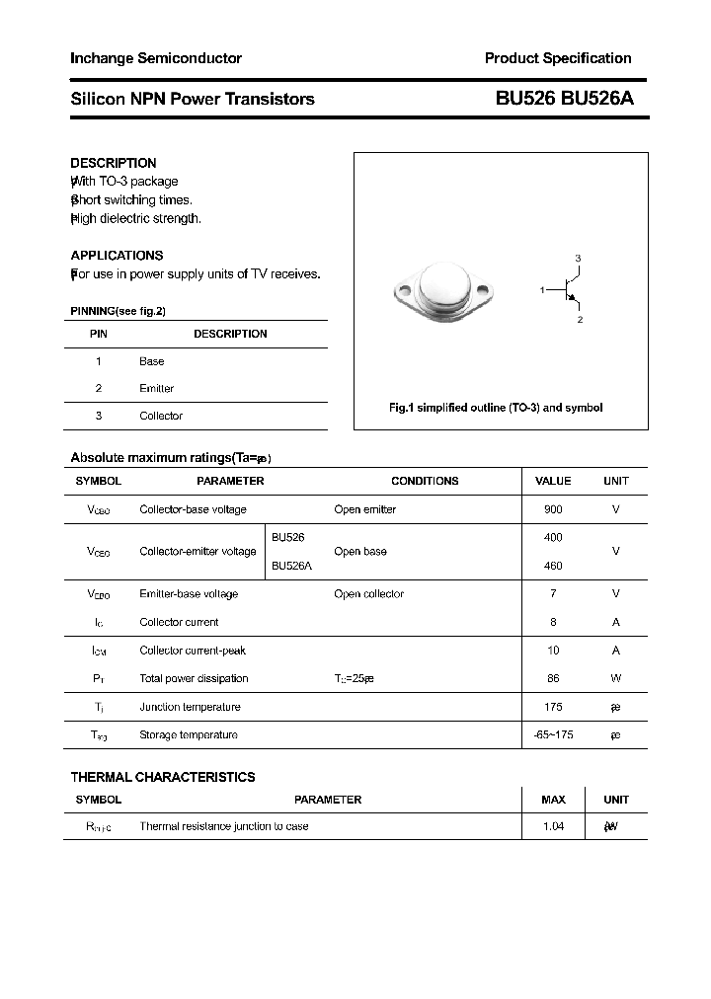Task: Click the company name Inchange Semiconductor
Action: pyautogui.click(x=156, y=58)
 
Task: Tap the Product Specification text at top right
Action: pyautogui.click(x=558, y=58)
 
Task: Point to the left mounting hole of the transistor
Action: pyautogui.click(x=403, y=290)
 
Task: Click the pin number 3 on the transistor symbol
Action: pyautogui.click(x=578, y=259)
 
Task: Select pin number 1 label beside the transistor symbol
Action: pyautogui.click(x=542, y=289)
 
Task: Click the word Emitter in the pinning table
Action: pyautogui.click(x=156, y=389)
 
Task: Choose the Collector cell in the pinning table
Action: pyautogui.click(x=161, y=417)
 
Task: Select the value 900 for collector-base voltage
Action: pyautogui.click(x=553, y=509)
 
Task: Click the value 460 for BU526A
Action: pyautogui.click(x=553, y=566)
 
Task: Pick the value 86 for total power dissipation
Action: pyautogui.click(x=553, y=679)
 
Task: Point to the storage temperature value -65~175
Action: pyautogui.click(x=553, y=735)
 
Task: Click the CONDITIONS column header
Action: pyautogui.click(x=425, y=482)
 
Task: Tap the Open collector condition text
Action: pyautogui.click(x=369, y=594)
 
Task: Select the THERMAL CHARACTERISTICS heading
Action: pyautogui.click(x=163, y=777)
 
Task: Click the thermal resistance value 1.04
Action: pyautogui.click(x=553, y=826)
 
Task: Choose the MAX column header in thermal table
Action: pyautogui.click(x=553, y=800)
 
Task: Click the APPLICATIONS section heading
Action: pyautogui.click(x=117, y=256)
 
